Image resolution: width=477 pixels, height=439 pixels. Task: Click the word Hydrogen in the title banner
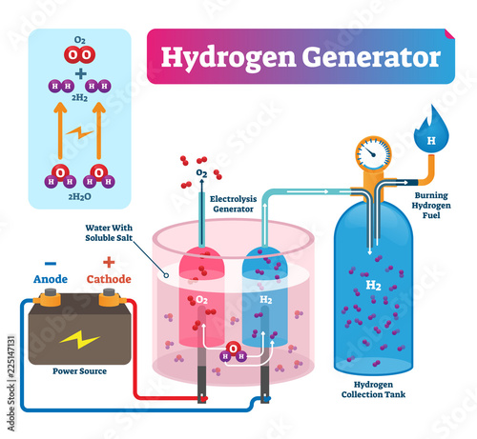tap(228, 58)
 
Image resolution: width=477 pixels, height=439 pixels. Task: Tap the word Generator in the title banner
tap(371, 57)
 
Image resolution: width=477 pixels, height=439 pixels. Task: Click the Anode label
tap(51, 279)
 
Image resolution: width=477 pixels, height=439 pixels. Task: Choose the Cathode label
tap(109, 279)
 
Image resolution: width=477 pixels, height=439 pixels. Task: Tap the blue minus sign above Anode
tap(51, 263)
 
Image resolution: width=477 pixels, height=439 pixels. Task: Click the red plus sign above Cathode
tap(109, 263)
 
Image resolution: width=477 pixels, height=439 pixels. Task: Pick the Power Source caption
tap(79, 371)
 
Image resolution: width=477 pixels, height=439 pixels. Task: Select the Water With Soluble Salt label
tap(109, 232)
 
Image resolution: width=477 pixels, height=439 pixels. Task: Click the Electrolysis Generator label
tap(234, 204)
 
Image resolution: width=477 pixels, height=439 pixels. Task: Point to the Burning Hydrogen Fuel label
tap(431, 205)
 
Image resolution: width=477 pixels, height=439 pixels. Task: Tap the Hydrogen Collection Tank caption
tap(373, 389)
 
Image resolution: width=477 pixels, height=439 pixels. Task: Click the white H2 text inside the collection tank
tap(373, 286)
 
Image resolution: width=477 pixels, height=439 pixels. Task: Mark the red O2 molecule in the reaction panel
tap(79, 54)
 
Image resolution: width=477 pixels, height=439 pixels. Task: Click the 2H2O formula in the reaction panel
tap(79, 197)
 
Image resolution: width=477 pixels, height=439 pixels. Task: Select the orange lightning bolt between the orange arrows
tap(79, 132)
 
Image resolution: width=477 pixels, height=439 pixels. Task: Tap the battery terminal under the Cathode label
tap(109, 297)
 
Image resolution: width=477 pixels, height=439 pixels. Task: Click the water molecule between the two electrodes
tap(233, 352)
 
